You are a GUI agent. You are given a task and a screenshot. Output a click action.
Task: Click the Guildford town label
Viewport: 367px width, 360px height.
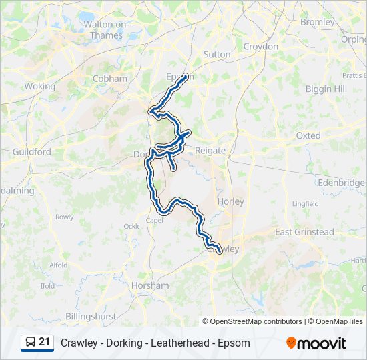(32, 152)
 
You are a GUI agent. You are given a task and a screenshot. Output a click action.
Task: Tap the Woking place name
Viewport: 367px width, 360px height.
(40, 87)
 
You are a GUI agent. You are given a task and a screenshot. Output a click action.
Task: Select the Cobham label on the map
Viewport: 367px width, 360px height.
(110, 79)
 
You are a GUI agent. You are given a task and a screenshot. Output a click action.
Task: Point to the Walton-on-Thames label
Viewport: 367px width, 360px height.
(105, 30)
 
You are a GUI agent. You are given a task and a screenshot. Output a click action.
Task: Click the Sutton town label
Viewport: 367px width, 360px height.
(217, 55)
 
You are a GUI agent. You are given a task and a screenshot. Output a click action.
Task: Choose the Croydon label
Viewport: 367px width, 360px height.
(261, 47)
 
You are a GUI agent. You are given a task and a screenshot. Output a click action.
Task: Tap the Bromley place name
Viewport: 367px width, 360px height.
(318, 22)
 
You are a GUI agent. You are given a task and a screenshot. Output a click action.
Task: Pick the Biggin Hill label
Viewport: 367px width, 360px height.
(326, 89)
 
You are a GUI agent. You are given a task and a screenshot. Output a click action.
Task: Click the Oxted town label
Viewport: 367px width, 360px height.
(308, 135)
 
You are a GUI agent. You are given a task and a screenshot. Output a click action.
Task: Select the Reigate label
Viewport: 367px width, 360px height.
(210, 151)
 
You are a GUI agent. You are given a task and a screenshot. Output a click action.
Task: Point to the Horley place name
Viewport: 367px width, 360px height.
(231, 201)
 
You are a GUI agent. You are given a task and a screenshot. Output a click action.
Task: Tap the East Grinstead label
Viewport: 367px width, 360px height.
(305, 232)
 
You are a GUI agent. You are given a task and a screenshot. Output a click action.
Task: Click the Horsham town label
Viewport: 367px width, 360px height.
(151, 285)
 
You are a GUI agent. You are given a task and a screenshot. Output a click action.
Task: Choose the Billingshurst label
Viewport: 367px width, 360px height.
(91, 316)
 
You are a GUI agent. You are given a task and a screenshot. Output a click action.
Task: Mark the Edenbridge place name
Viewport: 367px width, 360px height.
(342, 183)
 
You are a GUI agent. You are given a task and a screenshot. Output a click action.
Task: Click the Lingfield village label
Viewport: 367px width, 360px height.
(305, 203)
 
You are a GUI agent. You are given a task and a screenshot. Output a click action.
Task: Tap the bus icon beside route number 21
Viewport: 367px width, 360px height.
(31, 343)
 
